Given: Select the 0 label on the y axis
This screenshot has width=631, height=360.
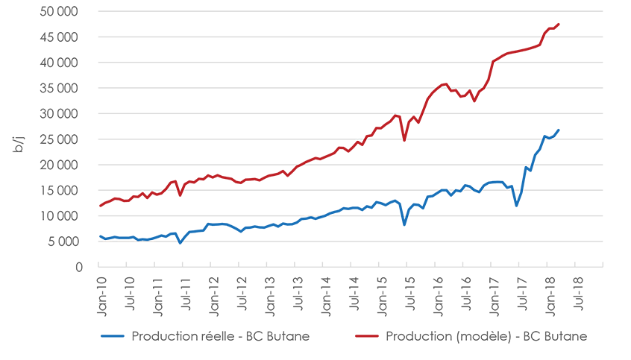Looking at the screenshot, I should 78,267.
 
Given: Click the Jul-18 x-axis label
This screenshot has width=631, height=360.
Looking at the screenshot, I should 577,290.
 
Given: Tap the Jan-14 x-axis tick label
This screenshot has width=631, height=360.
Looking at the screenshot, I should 324,290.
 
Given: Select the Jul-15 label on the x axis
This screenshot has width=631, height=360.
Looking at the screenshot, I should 409,290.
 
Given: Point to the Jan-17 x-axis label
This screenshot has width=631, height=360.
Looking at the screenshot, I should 492,290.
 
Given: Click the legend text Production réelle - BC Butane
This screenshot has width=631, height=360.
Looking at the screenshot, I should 220,336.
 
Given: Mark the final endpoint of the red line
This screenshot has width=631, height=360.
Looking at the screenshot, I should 559,24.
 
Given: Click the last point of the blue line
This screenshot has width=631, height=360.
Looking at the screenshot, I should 559,130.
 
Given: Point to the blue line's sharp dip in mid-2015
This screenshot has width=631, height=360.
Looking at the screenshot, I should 404,224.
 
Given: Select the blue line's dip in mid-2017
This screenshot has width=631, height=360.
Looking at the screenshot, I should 516,206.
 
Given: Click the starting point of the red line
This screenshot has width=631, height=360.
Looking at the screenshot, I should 100,206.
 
